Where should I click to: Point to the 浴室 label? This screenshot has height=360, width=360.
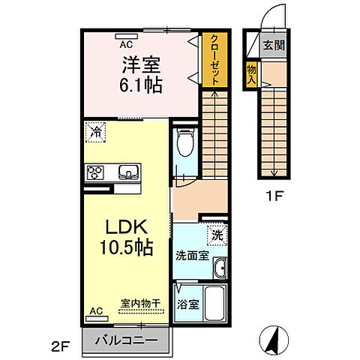[188, 305]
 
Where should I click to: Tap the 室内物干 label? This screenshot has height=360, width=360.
[141, 304]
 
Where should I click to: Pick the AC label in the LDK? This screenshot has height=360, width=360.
[96, 310]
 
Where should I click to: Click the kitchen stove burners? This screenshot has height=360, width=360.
[96, 172]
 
